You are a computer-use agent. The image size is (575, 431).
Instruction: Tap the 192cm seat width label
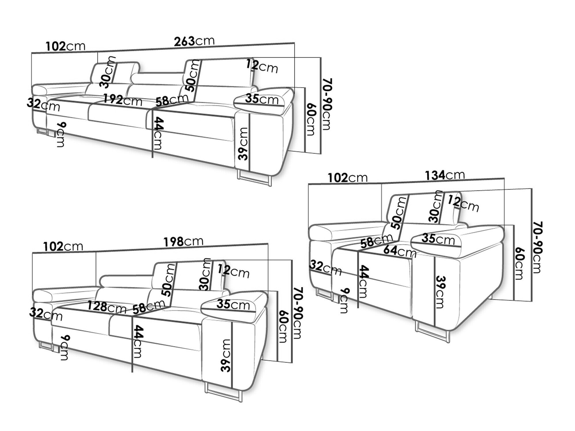tap(123, 100)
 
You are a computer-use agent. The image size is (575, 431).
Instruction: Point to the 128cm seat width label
tap(107, 307)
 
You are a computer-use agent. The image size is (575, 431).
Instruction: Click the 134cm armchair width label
tap(445, 175)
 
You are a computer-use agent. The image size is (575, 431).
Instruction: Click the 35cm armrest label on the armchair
tap(438, 239)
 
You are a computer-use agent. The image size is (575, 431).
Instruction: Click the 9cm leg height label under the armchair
tap(344, 301)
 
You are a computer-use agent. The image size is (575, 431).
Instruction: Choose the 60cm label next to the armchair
tap(519, 263)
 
